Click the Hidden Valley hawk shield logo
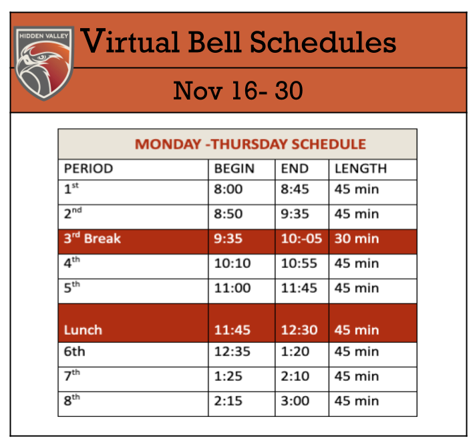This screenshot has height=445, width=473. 43,63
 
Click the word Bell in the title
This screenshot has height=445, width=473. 214,41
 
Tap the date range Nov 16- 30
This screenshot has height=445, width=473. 238,90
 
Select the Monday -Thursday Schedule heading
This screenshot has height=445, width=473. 251,144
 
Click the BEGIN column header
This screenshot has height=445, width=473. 234,168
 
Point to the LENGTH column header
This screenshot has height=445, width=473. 361,168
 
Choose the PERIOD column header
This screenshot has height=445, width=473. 89,168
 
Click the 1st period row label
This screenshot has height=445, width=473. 71,188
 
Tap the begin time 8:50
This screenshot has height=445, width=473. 228,214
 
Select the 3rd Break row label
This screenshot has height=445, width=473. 92,238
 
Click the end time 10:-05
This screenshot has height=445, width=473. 302,239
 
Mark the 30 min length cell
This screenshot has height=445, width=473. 357,239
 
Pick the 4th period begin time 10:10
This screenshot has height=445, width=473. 232,263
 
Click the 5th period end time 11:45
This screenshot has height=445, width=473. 299,288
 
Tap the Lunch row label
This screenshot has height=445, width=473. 83,330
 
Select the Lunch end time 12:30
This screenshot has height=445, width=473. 299,330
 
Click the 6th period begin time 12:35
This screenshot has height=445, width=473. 232,351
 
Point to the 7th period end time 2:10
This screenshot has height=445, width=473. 295,377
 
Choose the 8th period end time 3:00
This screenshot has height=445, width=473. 295,402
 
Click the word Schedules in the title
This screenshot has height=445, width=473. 323,41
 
